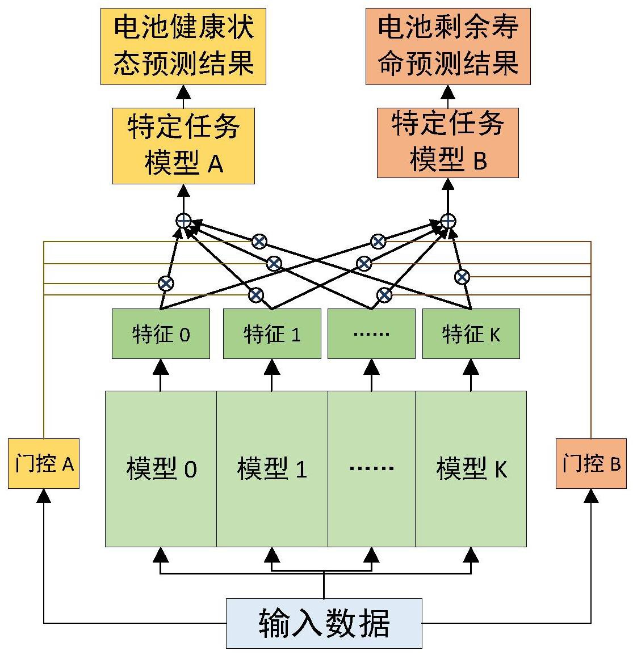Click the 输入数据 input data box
pos(324,623)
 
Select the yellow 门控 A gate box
pos(44,463)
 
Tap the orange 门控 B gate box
pos(591,463)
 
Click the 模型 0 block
pos(161,468)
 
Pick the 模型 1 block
pos(272,468)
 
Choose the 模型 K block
pos(471,468)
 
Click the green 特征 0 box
pos(161,333)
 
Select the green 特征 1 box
pos(272,333)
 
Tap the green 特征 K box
pos(471,333)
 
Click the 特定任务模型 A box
pos(183,146)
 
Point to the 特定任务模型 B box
pos(447,142)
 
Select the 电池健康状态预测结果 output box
pos(183,47)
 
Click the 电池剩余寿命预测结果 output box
pos(447,47)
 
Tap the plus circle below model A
pos(183,221)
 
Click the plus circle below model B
pos(448,221)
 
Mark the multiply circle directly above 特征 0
pos(166,282)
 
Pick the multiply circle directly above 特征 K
pos(462,277)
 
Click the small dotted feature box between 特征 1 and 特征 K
pos(371,333)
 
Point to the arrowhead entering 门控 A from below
pos(44,496)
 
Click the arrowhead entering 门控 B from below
pos(591,496)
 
